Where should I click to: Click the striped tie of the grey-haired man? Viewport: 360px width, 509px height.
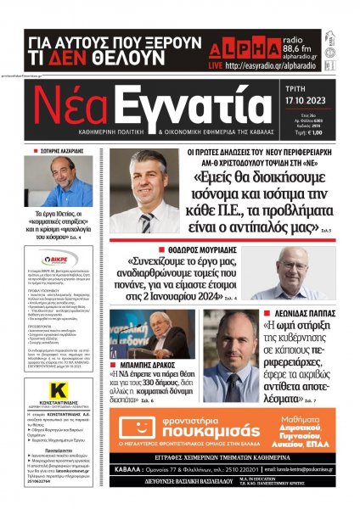click(147, 221)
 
